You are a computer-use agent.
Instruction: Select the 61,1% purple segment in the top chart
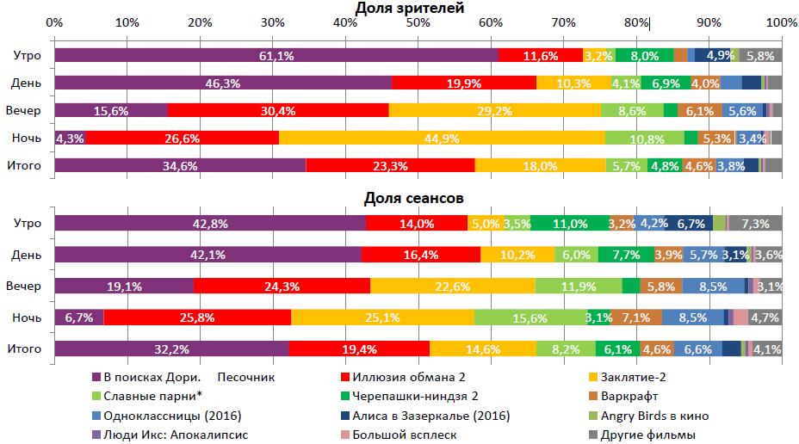276,56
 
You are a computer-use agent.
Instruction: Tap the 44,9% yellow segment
443,138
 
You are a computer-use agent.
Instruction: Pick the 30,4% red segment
278,110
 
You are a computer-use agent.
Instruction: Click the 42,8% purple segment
209,224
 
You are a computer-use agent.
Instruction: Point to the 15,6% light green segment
530,318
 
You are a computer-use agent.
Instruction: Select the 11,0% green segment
570,224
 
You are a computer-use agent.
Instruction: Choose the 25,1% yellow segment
382,318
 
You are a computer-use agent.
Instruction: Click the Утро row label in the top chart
27,56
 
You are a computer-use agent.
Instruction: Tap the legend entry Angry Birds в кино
653,416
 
